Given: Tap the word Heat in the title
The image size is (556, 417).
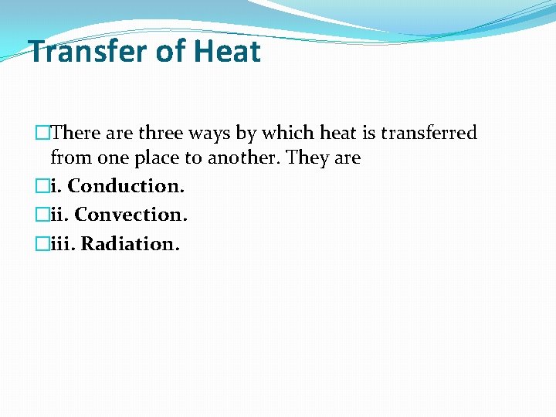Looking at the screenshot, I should (x=228, y=52).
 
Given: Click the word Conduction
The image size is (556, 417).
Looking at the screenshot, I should (x=127, y=186).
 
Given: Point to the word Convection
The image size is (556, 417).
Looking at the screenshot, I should (x=131, y=215).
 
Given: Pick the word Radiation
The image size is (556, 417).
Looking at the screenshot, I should (x=131, y=244).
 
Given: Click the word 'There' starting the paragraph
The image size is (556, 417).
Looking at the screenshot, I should (x=78, y=133).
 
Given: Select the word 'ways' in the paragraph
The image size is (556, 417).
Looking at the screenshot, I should (x=209, y=134).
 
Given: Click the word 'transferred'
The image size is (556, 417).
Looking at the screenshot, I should (x=429, y=133).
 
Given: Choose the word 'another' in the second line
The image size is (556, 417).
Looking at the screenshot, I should (x=244, y=158).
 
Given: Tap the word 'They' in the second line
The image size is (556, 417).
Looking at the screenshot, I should (x=307, y=158).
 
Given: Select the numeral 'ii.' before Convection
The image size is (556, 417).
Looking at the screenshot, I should (x=59, y=215).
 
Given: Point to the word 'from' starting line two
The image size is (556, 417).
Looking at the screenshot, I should (x=67, y=158).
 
